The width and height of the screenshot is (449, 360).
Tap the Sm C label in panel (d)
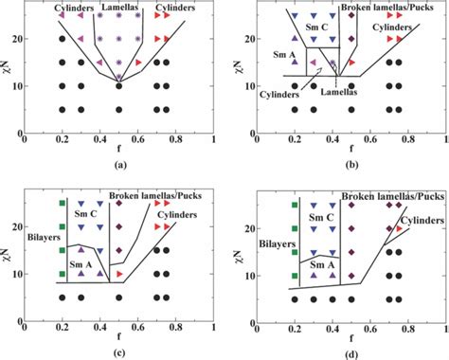tap(318, 217)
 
